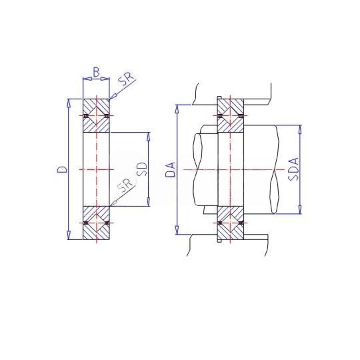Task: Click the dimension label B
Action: [97, 72]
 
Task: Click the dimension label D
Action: [62, 169]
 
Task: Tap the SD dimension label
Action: [141, 169]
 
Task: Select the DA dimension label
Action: [171, 169]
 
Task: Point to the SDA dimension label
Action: [294, 169]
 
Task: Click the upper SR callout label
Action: [125, 80]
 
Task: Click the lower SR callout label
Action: [125, 185]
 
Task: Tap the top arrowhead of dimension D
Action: [68, 103]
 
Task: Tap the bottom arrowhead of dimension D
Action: [68, 235]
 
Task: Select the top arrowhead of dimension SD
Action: [148, 137]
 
